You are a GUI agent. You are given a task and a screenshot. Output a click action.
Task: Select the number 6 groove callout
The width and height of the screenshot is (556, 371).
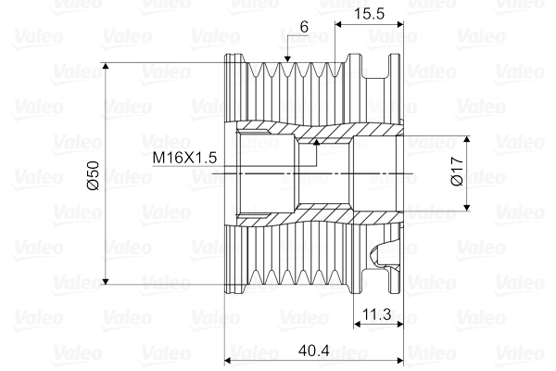(x=304, y=28)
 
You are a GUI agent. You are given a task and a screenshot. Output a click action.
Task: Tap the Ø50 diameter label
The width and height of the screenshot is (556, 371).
(x=91, y=174)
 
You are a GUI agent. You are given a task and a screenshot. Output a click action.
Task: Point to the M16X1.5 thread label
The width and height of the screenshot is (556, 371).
(x=185, y=158)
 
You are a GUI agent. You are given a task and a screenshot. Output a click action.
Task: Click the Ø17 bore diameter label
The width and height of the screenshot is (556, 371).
(x=456, y=173)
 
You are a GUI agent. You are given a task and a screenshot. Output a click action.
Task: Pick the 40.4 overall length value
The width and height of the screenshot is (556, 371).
(x=315, y=350)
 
